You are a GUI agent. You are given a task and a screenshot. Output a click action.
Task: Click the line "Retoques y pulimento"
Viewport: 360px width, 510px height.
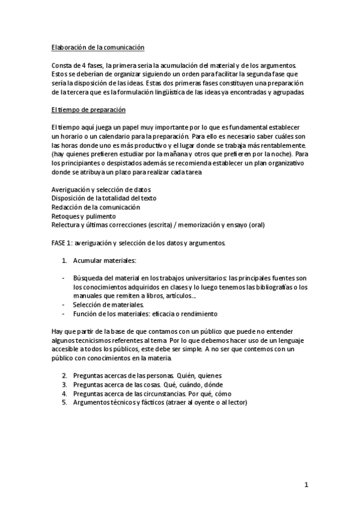point(84,215)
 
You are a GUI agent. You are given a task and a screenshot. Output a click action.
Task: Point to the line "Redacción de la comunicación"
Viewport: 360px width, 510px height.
point(96,207)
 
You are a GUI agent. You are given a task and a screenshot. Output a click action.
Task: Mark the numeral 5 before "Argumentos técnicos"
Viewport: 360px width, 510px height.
point(64,402)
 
